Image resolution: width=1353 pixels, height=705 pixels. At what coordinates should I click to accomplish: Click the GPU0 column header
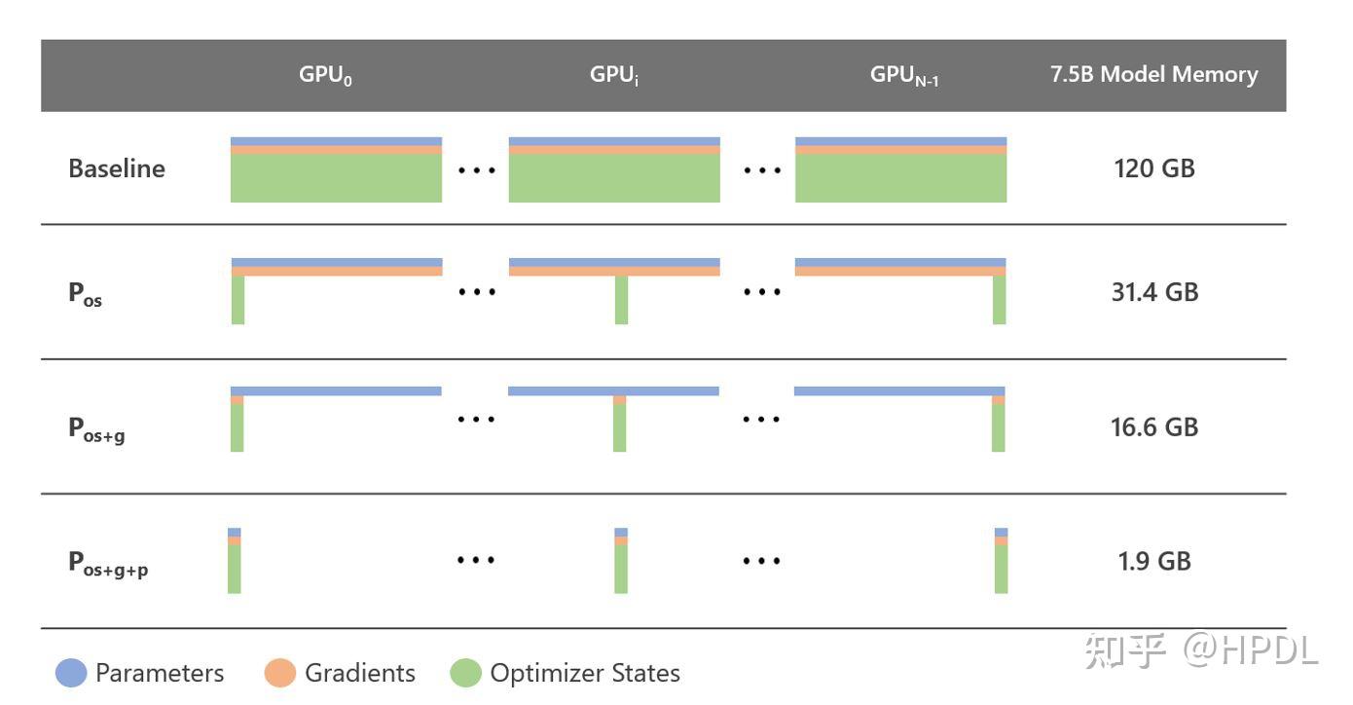(325, 76)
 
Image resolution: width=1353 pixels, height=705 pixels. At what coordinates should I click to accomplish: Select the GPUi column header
(614, 76)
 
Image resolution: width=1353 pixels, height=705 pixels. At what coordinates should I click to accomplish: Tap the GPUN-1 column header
(903, 76)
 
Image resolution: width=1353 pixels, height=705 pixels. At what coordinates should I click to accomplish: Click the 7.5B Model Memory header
(1153, 75)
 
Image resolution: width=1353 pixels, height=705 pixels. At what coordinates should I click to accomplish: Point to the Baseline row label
(117, 168)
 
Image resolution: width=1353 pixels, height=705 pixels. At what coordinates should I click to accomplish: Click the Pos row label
(86, 293)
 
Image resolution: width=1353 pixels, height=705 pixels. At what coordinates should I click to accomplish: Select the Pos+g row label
(96, 428)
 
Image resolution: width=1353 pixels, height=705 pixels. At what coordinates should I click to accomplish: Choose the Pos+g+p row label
(108, 563)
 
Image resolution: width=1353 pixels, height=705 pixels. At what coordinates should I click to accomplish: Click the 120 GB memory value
(1153, 168)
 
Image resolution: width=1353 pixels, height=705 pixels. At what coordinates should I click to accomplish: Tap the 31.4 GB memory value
(1153, 292)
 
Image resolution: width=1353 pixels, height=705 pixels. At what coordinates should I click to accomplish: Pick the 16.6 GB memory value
(1153, 427)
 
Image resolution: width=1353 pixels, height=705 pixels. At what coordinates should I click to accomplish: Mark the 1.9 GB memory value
(1153, 561)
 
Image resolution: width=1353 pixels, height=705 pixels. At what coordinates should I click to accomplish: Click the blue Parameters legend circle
(71, 673)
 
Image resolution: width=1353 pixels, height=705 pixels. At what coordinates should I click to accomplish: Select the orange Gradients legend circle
(280, 673)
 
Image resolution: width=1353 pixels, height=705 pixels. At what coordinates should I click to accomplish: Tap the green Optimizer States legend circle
(465, 673)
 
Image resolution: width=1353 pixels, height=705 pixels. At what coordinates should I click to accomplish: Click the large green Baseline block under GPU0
(336, 178)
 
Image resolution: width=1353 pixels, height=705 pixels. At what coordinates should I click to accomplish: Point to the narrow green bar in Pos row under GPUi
(621, 300)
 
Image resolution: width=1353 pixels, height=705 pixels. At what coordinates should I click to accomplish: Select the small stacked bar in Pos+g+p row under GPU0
(234, 561)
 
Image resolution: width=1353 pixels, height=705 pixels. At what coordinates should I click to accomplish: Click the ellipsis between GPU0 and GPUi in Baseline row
(477, 170)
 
